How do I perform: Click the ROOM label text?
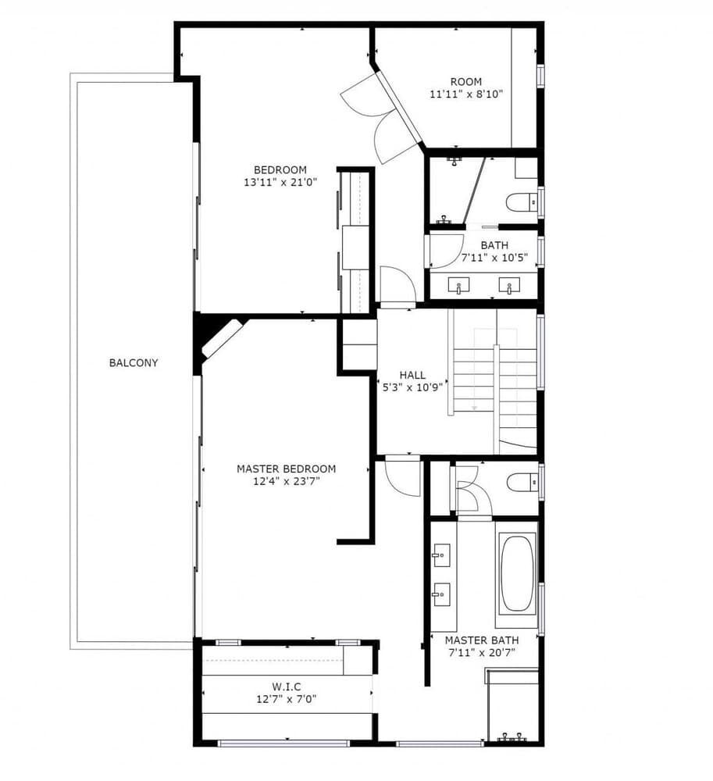(465, 81)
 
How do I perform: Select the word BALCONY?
(134, 362)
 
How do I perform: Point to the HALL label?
(412, 375)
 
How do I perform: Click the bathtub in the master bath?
(518, 572)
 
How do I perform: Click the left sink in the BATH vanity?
(459, 287)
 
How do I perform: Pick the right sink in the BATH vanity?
(511, 287)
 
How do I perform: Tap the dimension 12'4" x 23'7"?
(286, 481)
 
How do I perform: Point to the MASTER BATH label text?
(481, 640)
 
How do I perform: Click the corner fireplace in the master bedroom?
(219, 338)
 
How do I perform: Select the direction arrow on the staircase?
(474, 407)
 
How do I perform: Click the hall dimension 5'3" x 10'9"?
(412, 387)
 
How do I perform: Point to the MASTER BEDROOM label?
(286, 469)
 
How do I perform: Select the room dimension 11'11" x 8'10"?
(465, 94)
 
